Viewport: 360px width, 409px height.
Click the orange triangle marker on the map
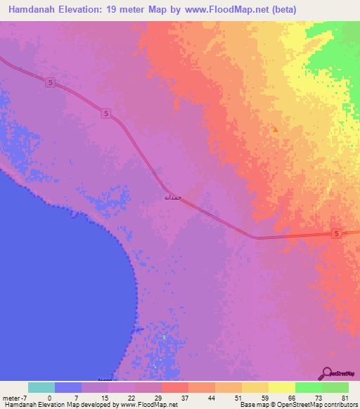(x=276, y=129)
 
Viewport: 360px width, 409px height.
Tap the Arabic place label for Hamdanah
(x=172, y=197)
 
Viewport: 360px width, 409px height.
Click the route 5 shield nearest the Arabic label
(x=105, y=114)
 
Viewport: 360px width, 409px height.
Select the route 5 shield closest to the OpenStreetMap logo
(x=336, y=233)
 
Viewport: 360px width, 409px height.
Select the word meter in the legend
(x=11, y=397)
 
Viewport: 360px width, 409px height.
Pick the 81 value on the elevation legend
(x=345, y=397)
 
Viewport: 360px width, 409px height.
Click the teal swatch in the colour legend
(x=41, y=387)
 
